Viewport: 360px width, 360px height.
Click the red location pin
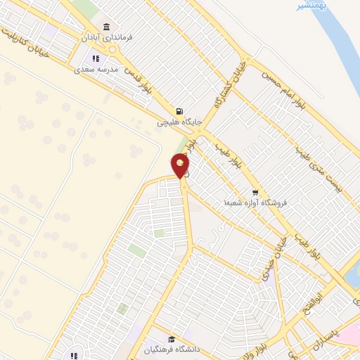tap(181, 165)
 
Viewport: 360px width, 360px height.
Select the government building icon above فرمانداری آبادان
tap(106, 27)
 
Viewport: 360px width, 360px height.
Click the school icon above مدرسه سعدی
tap(94, 59)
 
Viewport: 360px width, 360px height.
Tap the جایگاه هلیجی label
tap(179, 122)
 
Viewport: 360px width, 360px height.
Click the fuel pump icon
tap(180, 111)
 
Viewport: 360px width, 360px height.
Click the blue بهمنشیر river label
tap(310, 6)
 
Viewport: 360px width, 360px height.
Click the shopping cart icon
tap(255, 192)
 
